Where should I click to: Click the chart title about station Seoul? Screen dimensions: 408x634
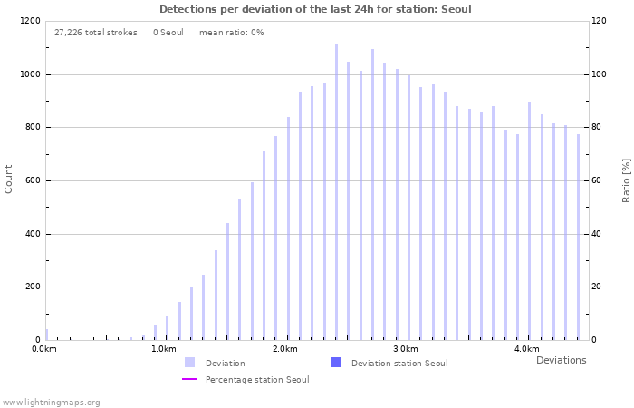click(315, 9)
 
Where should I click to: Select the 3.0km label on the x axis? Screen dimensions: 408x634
click(406, 349)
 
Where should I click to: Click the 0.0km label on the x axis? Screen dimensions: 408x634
click(44, 349)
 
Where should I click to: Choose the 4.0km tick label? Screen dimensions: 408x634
click(526, 349)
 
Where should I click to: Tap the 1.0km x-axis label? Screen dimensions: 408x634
click(164, 349)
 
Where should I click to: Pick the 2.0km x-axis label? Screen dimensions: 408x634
click(285, 349)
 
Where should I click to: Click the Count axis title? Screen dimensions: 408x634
click(9, 180)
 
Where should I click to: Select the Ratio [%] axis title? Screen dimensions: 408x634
click(626, 180)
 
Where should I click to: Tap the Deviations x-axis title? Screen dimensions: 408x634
click(561, 361)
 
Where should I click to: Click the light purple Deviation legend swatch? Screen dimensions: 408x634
click(189, 363)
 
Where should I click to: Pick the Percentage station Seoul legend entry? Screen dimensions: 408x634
click(256, 380)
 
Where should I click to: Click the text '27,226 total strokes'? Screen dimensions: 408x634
click(96, 33)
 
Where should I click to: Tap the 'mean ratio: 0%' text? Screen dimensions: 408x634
click(231, 33)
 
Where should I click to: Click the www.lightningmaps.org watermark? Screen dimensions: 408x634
click(52, 402)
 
